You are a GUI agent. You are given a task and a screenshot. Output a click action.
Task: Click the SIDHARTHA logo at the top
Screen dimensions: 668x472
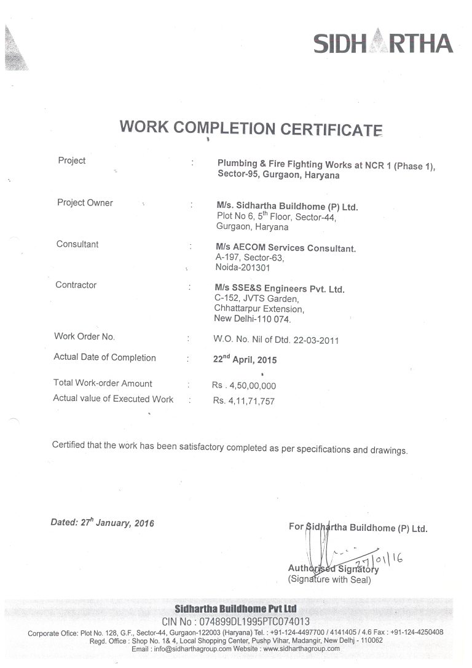click(383, 44)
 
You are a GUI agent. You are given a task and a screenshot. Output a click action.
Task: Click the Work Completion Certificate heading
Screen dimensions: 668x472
click(251, 127)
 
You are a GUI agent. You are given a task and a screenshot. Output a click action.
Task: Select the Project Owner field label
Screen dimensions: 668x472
click(85, 203)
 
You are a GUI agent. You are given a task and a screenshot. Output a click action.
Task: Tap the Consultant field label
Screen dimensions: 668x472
click(77, 244)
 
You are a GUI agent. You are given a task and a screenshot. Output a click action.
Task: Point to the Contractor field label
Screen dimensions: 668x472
click(76, 285)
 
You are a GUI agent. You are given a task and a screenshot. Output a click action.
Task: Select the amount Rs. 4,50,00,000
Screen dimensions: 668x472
click(244, 386)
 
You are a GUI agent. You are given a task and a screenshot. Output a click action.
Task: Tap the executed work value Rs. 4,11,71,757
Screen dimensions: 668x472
click(243, 401)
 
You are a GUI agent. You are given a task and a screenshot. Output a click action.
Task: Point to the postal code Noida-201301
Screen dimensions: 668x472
click(242, 268)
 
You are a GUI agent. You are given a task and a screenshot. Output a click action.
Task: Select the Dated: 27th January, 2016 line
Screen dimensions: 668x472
click(102, 523)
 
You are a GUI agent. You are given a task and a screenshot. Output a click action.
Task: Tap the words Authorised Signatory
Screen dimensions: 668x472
click(333, 569)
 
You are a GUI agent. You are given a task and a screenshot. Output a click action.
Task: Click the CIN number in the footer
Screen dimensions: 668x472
click(235, 622)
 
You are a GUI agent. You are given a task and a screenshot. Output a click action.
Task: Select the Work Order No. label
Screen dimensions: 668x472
click(84, 336)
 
